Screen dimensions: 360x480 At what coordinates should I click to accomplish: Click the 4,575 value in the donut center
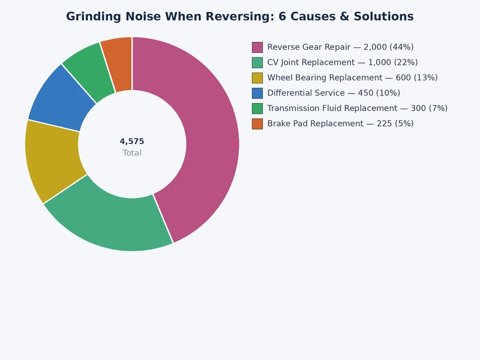[x=132, y=142]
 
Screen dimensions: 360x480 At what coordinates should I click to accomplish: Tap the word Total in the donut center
[x=132, y=153]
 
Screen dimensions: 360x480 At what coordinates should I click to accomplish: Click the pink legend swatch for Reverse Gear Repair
[x=257, y=47]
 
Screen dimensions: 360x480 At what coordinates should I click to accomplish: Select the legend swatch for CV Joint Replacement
[x=257, y=62]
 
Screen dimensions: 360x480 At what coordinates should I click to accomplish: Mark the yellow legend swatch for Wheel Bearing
[x=257, y=77]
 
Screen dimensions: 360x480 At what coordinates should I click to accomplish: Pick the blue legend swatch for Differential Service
[x=257, y=93]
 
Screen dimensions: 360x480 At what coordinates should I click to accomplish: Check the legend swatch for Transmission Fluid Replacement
[x=257, y=108]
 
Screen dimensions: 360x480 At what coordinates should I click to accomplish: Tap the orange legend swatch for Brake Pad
[x=257, y=124]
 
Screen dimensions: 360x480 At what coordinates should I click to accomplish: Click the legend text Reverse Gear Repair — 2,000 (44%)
[x=340, y=47]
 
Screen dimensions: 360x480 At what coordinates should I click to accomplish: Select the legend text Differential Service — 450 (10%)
[x=334, y=93]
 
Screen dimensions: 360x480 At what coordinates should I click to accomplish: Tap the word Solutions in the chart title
[x=382, y=17]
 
